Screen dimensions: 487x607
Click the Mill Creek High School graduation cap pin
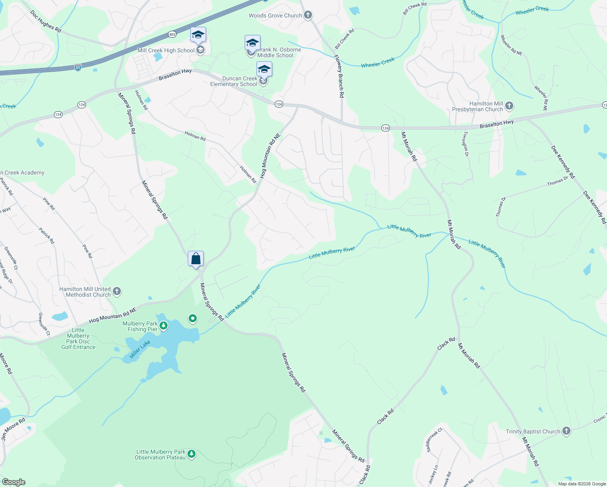[198, 35]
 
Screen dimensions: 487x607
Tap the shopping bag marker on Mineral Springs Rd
[196, 259]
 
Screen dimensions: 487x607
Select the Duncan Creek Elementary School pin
[264, 70]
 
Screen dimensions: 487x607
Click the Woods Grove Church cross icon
[308, 15]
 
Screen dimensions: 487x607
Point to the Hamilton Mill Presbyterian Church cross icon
[509, 106]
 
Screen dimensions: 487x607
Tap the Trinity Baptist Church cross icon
[566, 431]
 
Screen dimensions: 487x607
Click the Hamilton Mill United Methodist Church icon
[117, 291]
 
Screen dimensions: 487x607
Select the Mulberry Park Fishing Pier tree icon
[164, 325]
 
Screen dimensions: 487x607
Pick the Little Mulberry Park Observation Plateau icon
[192, 454]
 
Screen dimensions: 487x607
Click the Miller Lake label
[140, 349]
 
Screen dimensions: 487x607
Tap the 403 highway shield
[172, 34]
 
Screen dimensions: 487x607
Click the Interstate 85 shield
[77, 67]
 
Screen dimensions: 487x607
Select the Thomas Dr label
[557, 181]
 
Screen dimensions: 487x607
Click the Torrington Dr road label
[466, 144]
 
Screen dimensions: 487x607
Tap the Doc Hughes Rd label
[45, 21]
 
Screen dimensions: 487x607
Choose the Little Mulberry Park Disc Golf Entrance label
[78, 338]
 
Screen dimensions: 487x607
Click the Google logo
[13, 482]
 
